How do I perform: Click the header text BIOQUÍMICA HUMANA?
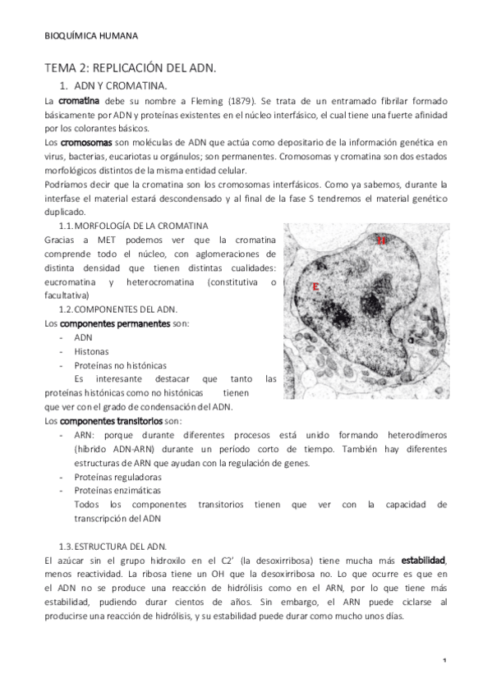[90, 35]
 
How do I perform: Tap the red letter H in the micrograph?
[382, 241]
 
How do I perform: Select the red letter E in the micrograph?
[315, 286]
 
